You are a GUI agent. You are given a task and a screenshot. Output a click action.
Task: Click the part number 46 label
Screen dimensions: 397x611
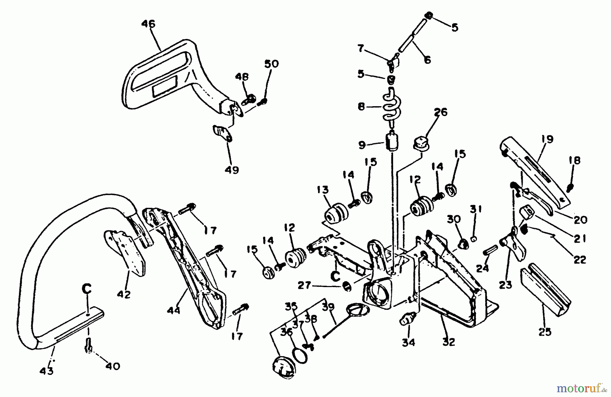148,24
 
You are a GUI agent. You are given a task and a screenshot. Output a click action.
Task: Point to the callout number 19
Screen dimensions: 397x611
547,139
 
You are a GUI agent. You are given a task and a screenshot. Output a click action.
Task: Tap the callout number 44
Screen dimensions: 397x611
173,310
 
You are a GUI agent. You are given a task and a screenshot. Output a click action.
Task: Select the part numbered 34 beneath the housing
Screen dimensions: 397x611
406,319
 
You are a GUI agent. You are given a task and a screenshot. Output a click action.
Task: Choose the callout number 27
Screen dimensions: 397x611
304,286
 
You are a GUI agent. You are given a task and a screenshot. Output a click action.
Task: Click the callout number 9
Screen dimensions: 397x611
362,145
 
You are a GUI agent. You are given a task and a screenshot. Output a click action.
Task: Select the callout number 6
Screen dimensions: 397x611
427,60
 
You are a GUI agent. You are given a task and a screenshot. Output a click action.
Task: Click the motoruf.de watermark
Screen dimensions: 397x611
584,387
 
